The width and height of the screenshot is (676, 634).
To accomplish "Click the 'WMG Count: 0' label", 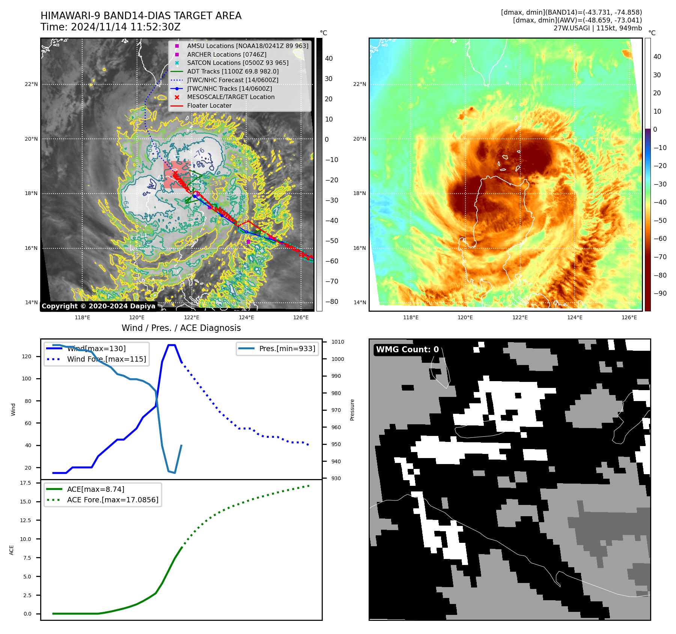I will pyautogui.click(x=407, y=350).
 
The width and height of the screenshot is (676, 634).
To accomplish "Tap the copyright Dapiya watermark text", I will pyautogui.click(x=98, y=306).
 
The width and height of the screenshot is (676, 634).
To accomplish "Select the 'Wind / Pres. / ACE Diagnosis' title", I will pyautogui.click(x=181, y=328).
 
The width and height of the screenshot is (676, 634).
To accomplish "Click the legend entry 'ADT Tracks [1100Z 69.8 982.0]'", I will pyautogui.click(x=233, y=71).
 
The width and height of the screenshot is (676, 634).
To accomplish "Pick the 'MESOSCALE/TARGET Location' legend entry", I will pyautogui.click(x=231, y=97).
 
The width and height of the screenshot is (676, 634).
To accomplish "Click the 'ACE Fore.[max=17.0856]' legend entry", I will pyautogui.click(x=113, y=500).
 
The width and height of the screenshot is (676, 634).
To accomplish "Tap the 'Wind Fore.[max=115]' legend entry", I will pyautogui.click(x=107, y=359).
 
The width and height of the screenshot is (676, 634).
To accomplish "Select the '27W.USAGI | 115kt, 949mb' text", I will pyautogui.click(x=598, y=28).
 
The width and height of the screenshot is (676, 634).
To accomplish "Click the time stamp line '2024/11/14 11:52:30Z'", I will pyautogui.click(x=110, y=27).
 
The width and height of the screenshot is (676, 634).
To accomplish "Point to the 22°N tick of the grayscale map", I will pyautogui.click(x=31, y=84).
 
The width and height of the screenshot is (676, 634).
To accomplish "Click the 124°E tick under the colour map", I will pyautogui.click(x=575, y=317).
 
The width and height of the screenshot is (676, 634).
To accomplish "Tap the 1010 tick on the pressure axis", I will pyautogui.click(x=337, y=342).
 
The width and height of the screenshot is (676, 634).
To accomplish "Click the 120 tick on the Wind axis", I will pyautogui.click(x=27, y=356).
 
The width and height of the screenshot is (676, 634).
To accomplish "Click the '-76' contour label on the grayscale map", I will pyautogui.click(x=199, y=153).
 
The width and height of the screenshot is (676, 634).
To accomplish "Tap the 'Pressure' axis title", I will pyautogui.click(x=352, y=410).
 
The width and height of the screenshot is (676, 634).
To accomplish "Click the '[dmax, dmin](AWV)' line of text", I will pyautogui.click(x=577, y=20).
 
